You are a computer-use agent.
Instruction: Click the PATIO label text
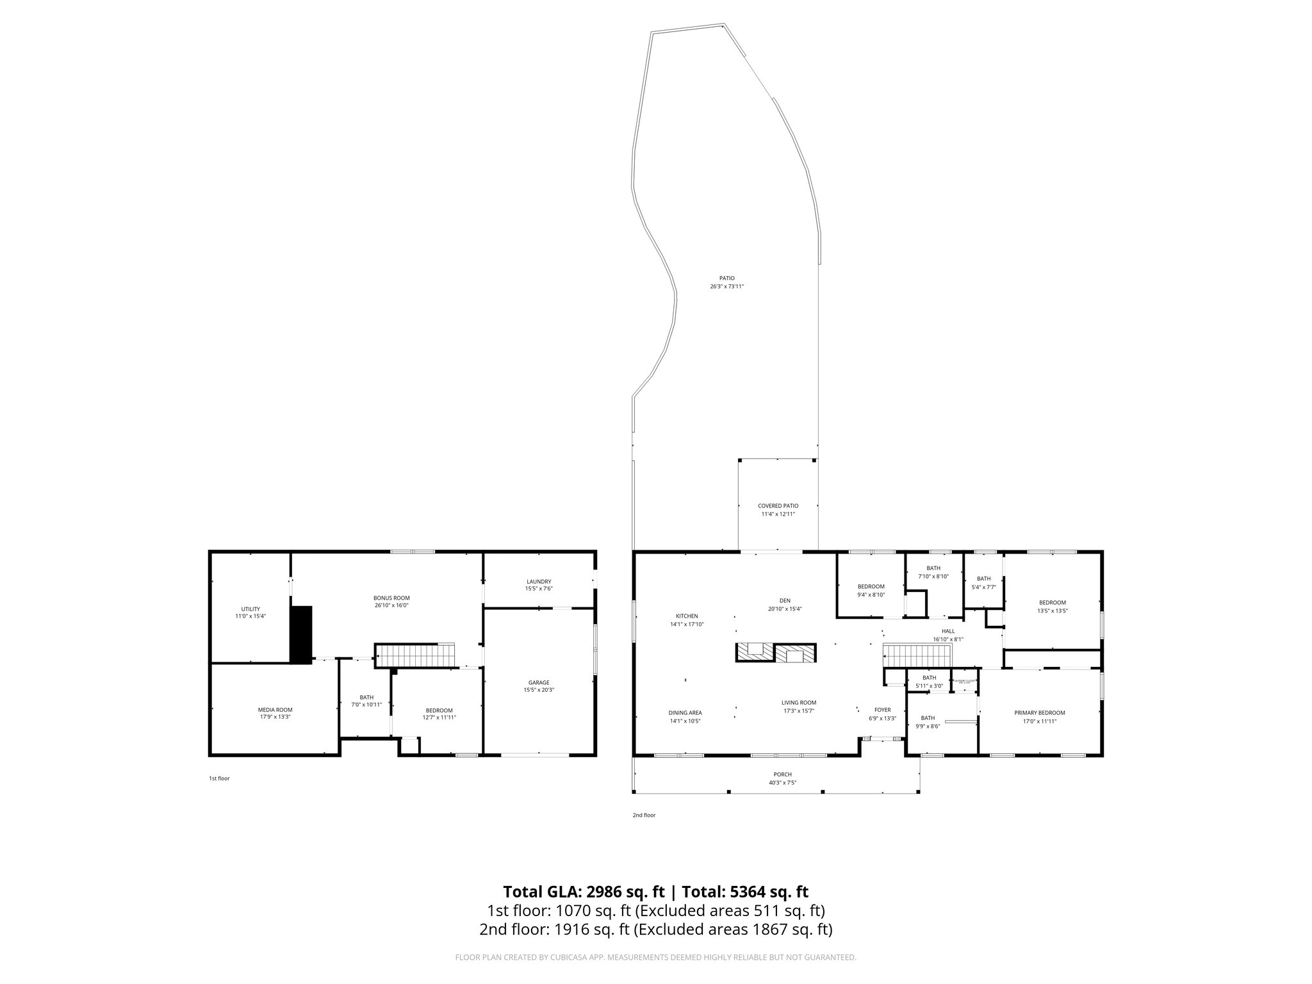click(726, 278)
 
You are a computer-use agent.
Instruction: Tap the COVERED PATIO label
click(778, 505)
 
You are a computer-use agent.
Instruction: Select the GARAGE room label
click(538, 682)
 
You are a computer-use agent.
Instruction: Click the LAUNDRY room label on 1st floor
click(538, 582)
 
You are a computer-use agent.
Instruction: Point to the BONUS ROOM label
click(391, 598)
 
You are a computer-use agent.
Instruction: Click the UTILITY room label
click(250, 609)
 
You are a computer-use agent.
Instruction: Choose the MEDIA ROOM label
click(275, 709)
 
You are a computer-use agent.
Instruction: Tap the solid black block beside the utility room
click(300, 634)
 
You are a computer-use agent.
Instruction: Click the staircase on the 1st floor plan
click(414, 655)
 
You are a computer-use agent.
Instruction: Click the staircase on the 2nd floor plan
click(917, 656)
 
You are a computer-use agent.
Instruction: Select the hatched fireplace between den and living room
click(776, 653)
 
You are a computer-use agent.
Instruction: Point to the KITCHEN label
click(687, 616)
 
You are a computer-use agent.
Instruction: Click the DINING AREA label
click(685, 712)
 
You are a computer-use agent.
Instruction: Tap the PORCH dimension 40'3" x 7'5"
click(782, 782)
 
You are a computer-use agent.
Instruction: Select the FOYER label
click(882, 710)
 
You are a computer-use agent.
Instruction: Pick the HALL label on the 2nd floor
click(947, 631)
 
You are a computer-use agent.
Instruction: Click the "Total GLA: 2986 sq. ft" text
click(583, 892)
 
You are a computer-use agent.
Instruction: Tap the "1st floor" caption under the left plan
click(219, 778)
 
